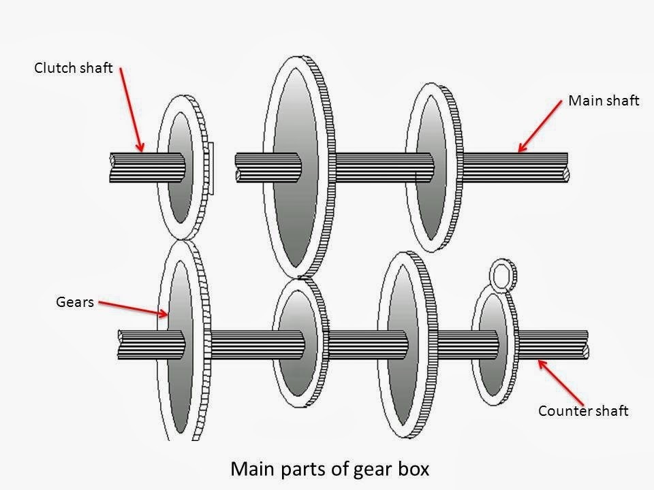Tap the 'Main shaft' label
(x=604, y=101)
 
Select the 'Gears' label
(x=74, y=302)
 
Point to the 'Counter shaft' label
(x=582, y=410)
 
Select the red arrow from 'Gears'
(x=132, y=309)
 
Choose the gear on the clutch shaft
(x=181, y=167)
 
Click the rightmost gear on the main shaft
(x=433, y=170)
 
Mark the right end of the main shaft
(x=565, y=167)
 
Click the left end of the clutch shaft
(x=114, y=167)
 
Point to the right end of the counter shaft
(x=585, y=343)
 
